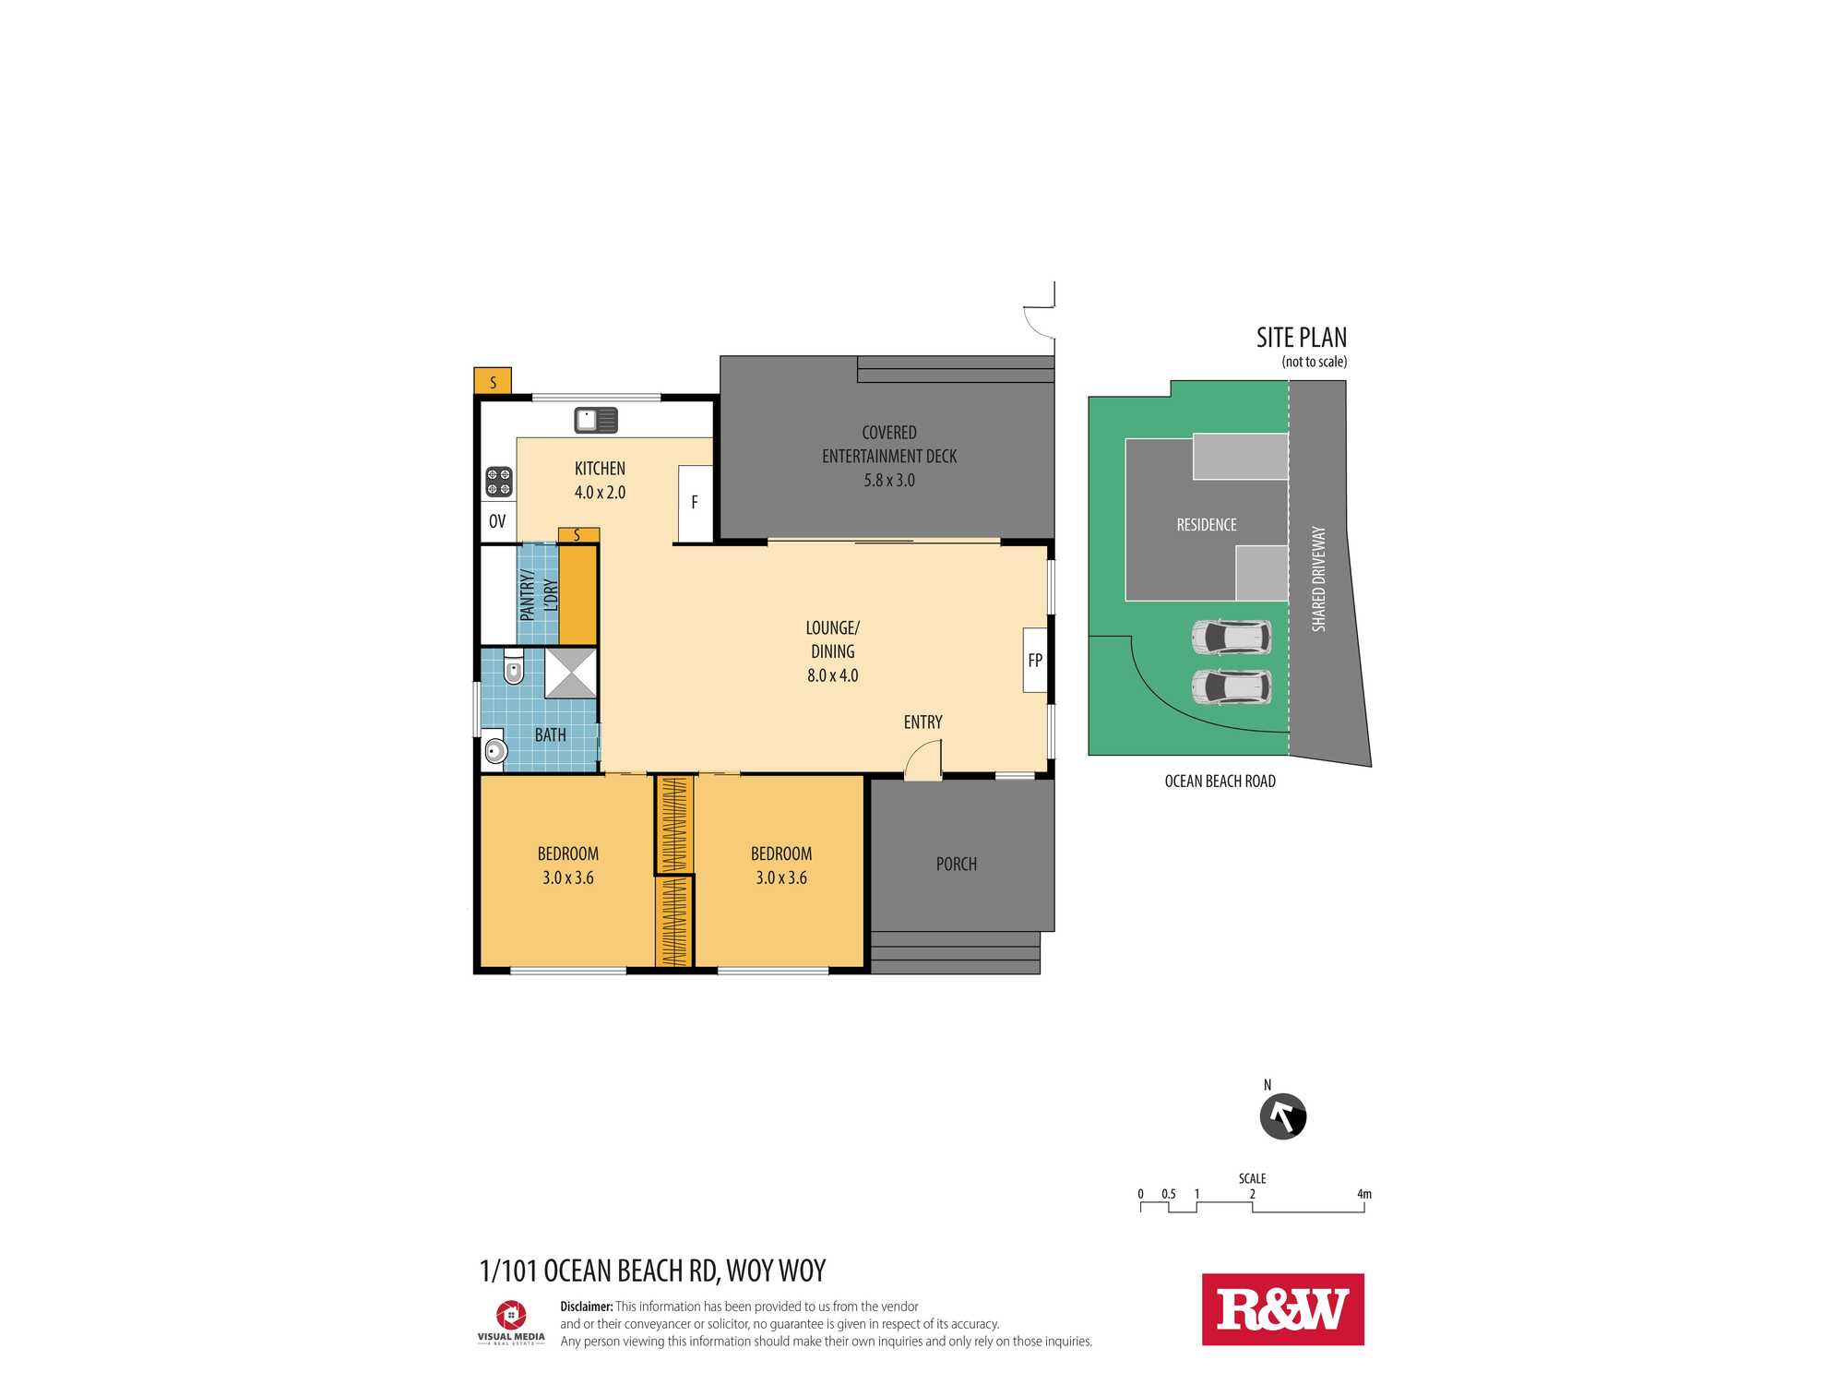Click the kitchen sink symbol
pyautogui.click(x=596, y=420)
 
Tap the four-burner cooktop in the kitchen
pyautogui.click(x=499, y=482)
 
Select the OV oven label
pyautogui.click(x=497, y=521)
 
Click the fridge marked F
pyautogui.click(x=695, y=504)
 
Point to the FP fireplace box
pyautogui.click(x=1035, y=660)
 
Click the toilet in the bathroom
pyautogui.click(x=514, y=666)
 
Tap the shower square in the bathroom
pyautogui.click(x=570, y=673)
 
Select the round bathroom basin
pyautogui.click(x=495, y=750)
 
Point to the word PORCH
pyautogui.click(x=956, y=865)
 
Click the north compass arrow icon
pyautogui.click(x=1283, y=1116)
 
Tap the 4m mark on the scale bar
pyautogui.click(x=1364, y=1194)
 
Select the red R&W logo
pyautogui.click(x=1282, y=1309)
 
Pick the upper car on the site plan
pyautogui.click(x=1231, y=637)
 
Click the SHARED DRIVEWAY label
pyautogui.click(x=1318, y=579)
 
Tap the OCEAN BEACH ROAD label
pyautogui.click(x=1220, y=781)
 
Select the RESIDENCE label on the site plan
pyautogui.click(x=1207, y=525)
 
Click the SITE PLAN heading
pyautogui.click(x=1301, y=338)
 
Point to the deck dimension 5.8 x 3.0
pyautogui.click(x=889, y=481)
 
